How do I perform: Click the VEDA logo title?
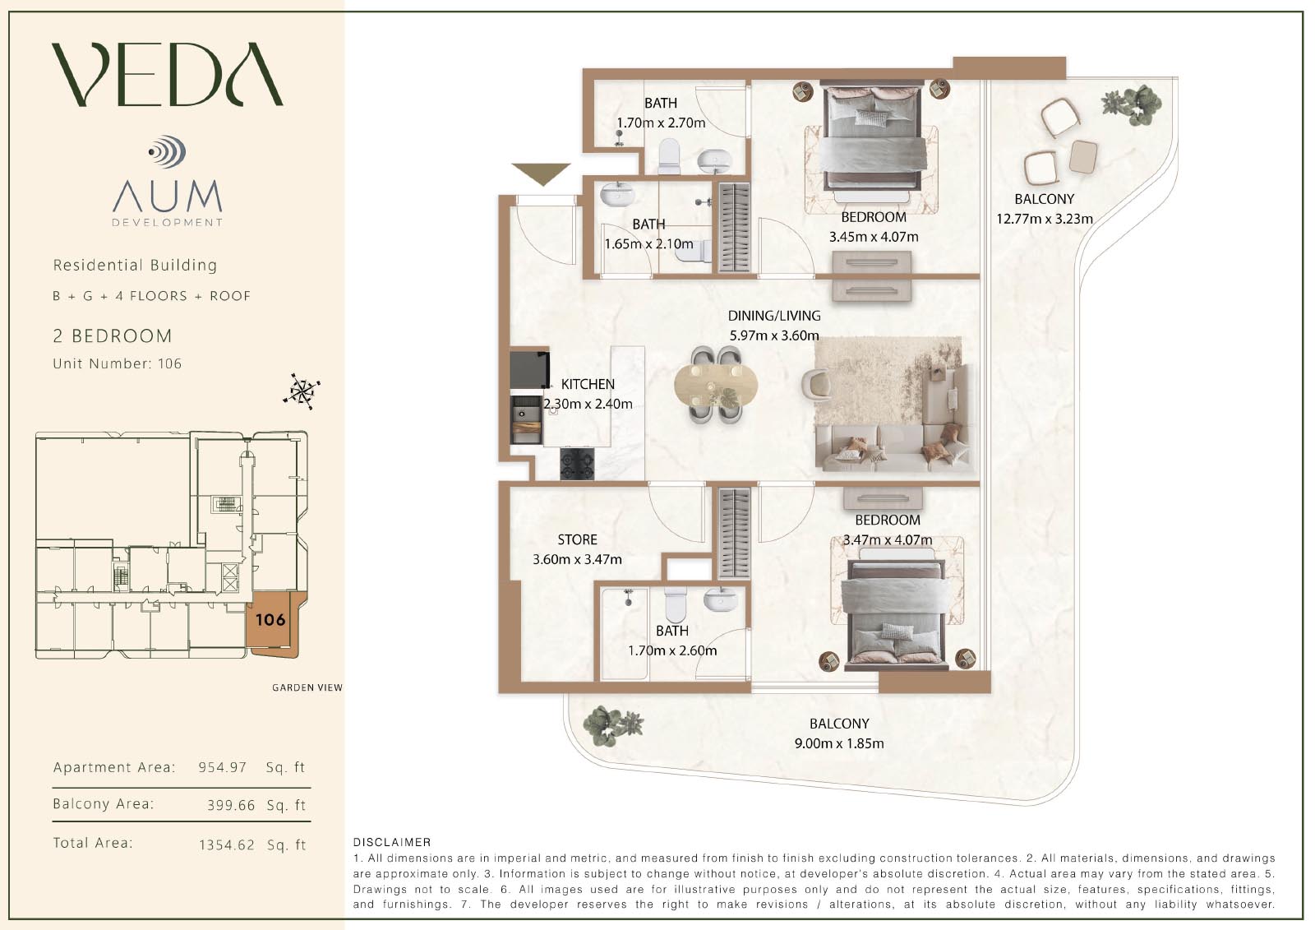(168, 74)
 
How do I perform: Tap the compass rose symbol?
(302, 391)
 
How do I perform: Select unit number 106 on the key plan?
(270, 619)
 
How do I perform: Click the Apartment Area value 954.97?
(223, 767)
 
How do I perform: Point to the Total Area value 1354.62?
(227, 844)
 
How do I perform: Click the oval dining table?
(716, 386)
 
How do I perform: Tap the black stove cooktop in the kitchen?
(577, 464)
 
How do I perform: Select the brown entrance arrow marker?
(541, 174)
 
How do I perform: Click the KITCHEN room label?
(588, 384)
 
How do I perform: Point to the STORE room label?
(577, 539)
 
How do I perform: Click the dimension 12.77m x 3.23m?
(1045, 219)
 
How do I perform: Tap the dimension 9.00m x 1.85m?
(839, 743)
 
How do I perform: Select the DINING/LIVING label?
(774, 316)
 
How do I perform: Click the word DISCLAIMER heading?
(392, 843)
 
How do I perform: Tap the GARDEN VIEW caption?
(307, 687)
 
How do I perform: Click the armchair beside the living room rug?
(816, 382)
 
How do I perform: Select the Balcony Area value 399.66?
(231, 805)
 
